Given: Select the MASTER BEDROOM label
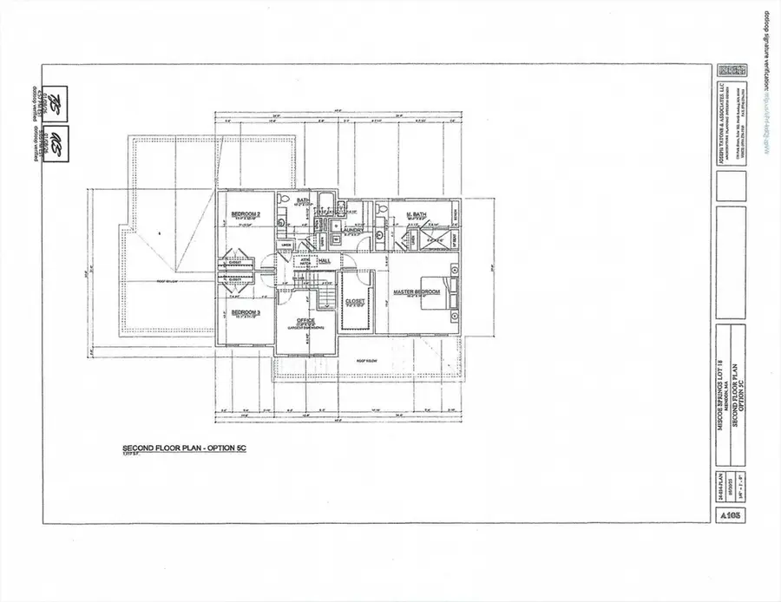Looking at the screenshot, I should [417, 291].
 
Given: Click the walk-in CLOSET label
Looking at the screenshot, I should [356, 302].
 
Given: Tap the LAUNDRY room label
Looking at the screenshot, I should [345, 230].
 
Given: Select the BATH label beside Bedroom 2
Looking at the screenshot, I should [303, 201].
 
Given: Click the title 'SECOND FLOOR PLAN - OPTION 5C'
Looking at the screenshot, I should [176, 450].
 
